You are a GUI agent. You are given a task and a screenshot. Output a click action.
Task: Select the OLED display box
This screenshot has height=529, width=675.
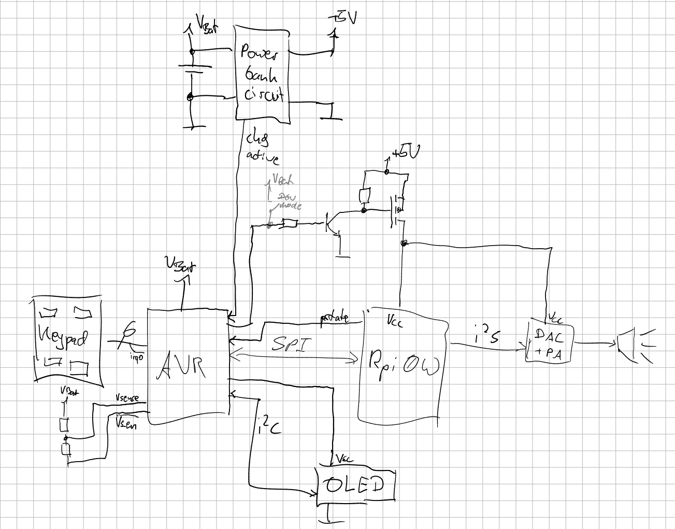[355, 485]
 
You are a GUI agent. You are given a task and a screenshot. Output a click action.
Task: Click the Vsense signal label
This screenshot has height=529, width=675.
[127, 398]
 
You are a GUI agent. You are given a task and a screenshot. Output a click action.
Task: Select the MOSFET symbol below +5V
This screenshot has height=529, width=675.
[397, 210]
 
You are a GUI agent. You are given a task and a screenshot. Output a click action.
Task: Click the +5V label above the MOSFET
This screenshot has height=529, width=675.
[406, 152]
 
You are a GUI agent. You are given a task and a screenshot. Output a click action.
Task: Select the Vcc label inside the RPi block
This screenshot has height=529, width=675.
[396, 322]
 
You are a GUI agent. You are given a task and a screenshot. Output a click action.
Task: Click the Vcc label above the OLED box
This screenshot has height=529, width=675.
[344, 459]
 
